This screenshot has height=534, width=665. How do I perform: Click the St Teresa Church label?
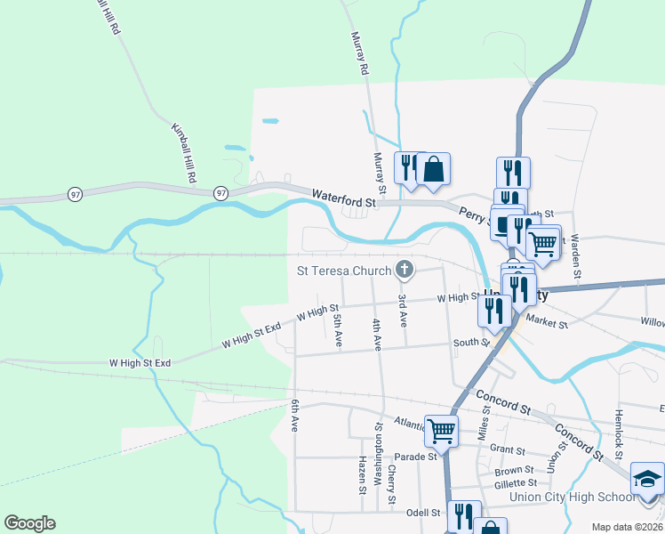point(346,270)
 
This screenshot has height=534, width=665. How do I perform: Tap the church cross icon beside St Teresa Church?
point(405,269)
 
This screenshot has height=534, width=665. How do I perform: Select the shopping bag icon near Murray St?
point(433,168)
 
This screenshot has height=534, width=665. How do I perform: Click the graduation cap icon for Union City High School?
point(647,480)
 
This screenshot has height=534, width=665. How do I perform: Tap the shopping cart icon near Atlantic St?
point(441,432)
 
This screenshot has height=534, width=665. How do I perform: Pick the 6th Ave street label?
point(293,416)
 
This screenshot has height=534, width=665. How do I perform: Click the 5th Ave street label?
point(337,330)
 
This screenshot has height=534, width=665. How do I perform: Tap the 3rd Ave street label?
point(403,309)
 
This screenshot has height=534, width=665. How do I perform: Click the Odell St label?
point(423,513)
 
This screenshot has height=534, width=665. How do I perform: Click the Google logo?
point(29,523)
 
